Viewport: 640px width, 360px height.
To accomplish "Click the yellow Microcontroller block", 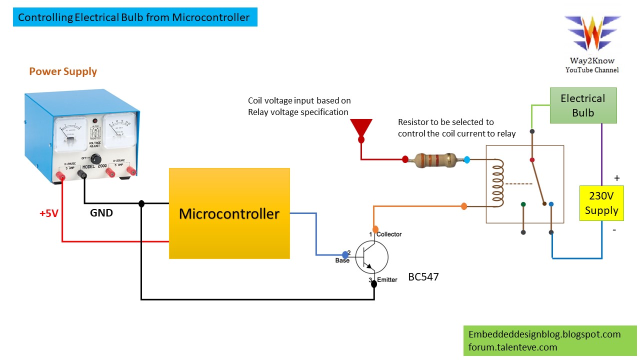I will pos(229,213).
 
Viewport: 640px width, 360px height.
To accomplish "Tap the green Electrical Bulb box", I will pos(583,105).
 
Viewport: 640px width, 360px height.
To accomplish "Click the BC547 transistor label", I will pos(423,276).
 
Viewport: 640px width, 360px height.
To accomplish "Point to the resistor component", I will pos(435,160).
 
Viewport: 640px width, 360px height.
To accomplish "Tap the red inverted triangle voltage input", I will pos(361,128).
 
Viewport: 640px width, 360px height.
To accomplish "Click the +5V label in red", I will pos(49,213).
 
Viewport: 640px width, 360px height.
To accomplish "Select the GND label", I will pos(101,213).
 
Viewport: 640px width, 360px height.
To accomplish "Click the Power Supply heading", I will pos(63,71).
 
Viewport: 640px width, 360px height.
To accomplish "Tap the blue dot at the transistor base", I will pos(345,254).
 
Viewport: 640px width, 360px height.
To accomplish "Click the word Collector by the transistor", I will pos(389,234).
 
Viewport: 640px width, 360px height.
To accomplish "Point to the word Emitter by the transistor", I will pos(387,279).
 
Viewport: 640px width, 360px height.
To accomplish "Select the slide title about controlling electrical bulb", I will pos(134,18).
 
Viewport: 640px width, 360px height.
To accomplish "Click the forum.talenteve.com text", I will pos(512,347).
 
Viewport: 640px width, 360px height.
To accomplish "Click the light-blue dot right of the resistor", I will pos(466,159).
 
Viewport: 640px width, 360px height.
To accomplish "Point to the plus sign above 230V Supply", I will pos(616,178).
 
